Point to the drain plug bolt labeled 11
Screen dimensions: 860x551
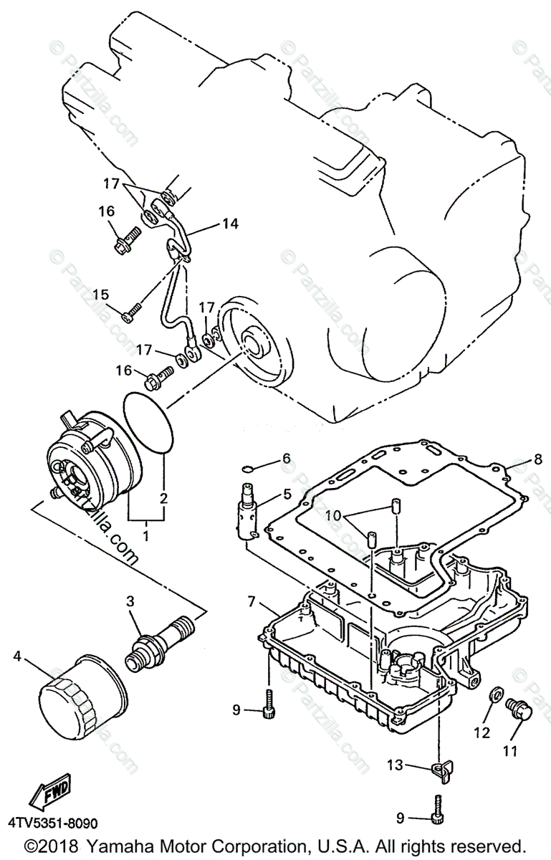pyautogui.click(x=518, y=710)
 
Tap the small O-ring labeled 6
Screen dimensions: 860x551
pyautogui.click(x=245, y=469)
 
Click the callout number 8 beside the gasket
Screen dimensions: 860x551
pyautogui.click(x=538, y=461)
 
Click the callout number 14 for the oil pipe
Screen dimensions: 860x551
pyautogui.click(x=229, y=224)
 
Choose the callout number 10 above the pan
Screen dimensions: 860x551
pyautogui.click(x=332, y=517)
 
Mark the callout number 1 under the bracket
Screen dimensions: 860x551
pyautogui.click(x=147, y=534)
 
